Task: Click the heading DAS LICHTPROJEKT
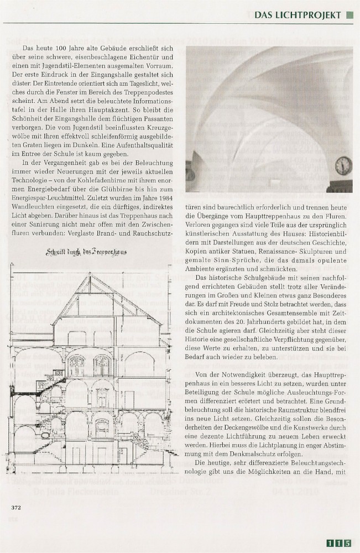[x=298, y=15]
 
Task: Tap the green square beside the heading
[x=349, y=15]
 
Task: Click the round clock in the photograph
[x=343, y=165]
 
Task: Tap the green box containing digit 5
[x=347, y=543]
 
